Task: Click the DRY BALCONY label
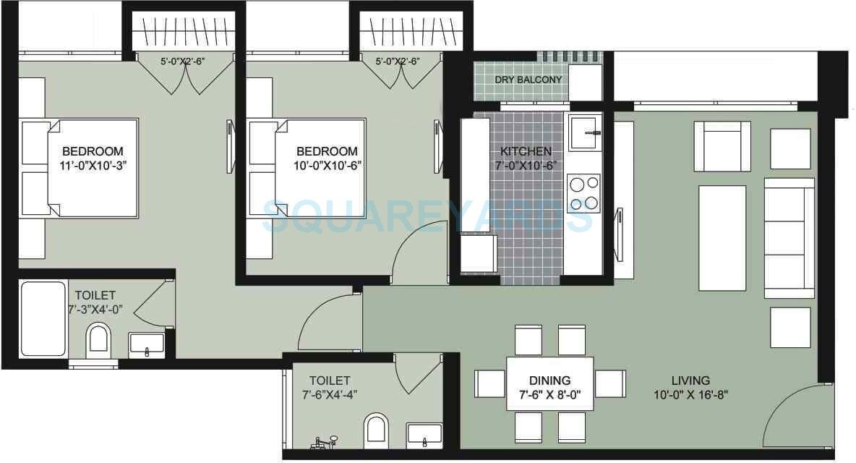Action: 528,80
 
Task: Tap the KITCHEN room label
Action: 526,151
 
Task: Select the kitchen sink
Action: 584,133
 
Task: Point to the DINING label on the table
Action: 549,380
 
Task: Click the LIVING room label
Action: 690,380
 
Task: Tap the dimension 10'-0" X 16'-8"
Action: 690,395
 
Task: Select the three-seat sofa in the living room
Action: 789,238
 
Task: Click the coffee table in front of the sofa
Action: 722,238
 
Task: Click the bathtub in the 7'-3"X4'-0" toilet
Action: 43,318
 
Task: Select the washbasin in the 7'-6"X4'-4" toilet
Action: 424,435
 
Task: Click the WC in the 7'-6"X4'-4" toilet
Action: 377,430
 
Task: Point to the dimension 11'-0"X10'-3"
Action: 92,165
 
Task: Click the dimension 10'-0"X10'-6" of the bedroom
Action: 328,165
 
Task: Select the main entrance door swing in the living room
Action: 795,416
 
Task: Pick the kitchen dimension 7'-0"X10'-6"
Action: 526,165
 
